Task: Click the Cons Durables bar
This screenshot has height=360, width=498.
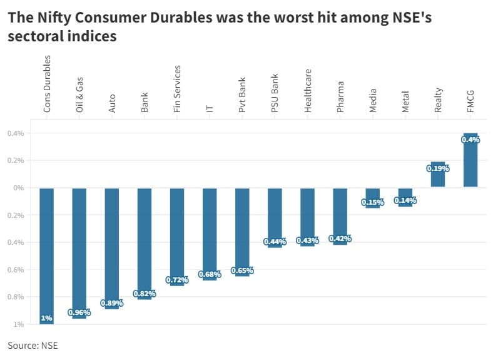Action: coord(47,250)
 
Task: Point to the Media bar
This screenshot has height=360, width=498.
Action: coord(373,194)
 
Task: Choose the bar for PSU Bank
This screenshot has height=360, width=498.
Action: coord(275,213)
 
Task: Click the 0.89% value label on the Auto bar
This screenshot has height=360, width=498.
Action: coord(112,303)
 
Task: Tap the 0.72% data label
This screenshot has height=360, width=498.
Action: coord(177,280)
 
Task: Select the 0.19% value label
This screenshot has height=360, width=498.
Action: coord(438,168)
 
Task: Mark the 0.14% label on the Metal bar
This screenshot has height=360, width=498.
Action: coord(405,200)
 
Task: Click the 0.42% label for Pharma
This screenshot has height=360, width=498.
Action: coord(340,239)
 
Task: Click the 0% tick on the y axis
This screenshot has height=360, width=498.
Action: coord(19,188)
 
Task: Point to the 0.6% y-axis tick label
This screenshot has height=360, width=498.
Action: coord(16,270)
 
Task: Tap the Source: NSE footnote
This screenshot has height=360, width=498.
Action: coord(33,345)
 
